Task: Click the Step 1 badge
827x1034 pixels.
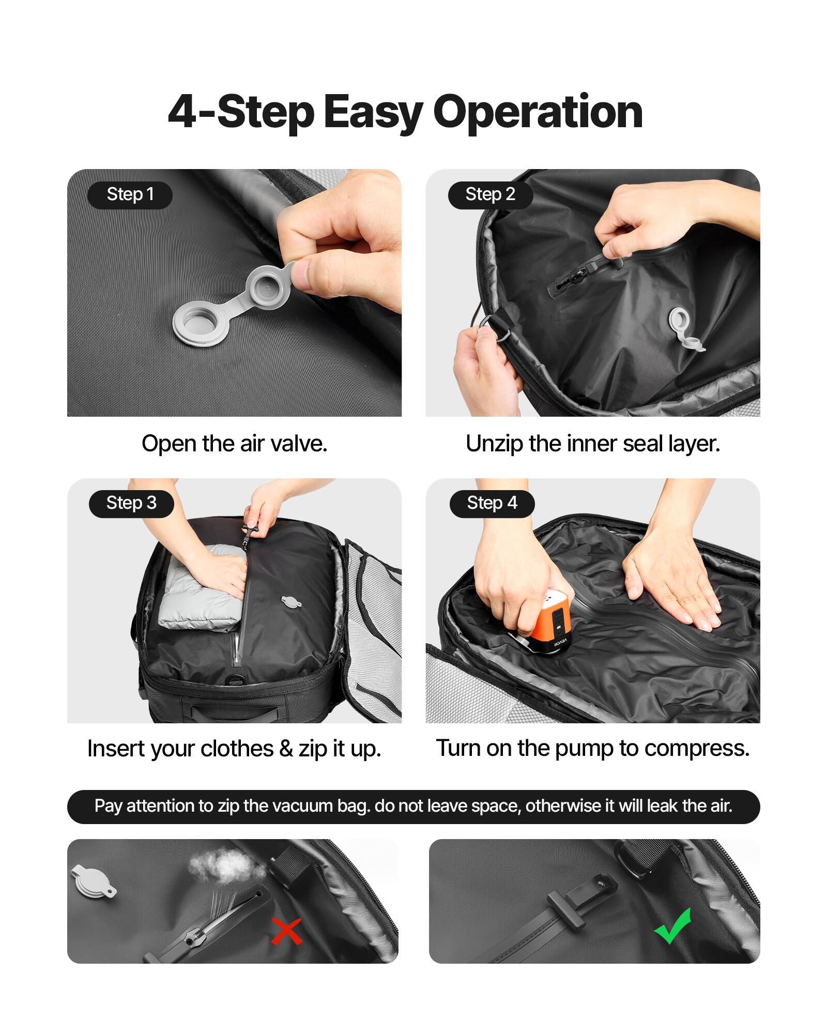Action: coord(130,195)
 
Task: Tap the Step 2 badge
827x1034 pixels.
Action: coord(490,195)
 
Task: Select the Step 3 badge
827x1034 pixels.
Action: coord(131,504)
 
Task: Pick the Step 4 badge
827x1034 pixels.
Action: coord(492,504)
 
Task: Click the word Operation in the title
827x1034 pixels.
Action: coord(538,112)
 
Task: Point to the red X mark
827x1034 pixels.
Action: coord(286,931)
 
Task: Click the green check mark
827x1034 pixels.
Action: coord(673,925)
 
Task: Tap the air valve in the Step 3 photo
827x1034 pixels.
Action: coord(291,601)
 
